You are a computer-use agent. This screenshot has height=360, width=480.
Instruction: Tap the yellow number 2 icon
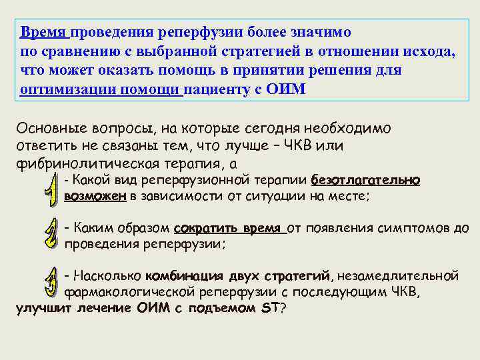tap(49, 233)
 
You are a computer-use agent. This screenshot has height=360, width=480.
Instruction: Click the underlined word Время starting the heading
tap(43, 33)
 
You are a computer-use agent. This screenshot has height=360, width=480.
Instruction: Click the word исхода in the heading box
tap(430, 52)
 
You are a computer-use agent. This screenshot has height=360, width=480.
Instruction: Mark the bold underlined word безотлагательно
tap(365, 180)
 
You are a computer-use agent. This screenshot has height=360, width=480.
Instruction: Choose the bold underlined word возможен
tap(95, 197)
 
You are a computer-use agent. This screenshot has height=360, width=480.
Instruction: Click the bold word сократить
tap(205, 229)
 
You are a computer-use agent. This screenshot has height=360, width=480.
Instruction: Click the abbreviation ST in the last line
tap(269, 309)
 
